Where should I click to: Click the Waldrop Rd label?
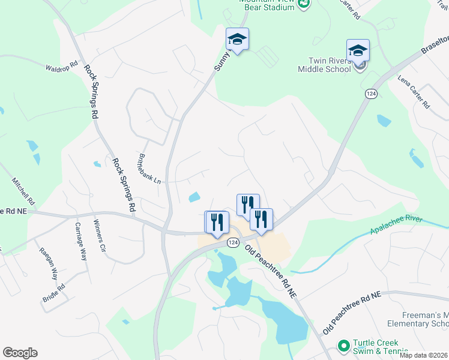click(x=62, y=65)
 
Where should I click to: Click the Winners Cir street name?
click(x=99, y=236)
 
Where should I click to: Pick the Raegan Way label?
click(x=48, y=264)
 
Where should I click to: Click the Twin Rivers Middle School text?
click(x=324, y=65)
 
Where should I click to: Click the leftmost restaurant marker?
click(x=217, y=222)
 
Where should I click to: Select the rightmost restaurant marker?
click(x=261, y=219)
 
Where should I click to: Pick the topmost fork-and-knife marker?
click(x=248, y=205)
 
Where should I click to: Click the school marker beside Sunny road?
click(x=237, y=40)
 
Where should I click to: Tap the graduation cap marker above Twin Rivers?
click(x=358, y=50)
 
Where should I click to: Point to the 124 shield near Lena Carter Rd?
click(x=370, y=93)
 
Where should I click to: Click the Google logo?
click(x=20, y=353)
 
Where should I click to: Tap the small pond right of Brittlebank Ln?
click(x=194, y=197)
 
